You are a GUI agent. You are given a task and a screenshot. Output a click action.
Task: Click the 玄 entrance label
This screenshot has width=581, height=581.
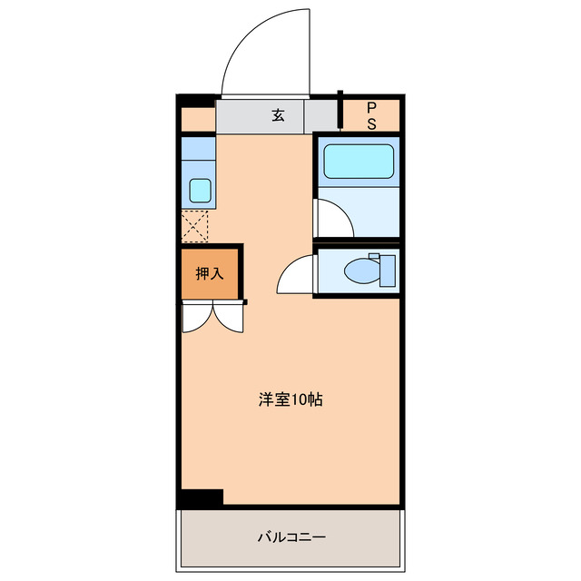tap(278, 115)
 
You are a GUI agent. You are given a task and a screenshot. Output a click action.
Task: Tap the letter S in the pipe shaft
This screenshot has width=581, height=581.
tap(371, 124)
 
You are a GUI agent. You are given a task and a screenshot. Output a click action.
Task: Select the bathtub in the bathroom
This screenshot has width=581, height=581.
tap(359, 161)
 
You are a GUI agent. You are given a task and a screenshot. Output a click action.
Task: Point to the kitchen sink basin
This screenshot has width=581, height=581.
tap(200, 191)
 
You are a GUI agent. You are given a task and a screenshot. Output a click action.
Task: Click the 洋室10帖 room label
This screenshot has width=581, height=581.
tap(290, 398)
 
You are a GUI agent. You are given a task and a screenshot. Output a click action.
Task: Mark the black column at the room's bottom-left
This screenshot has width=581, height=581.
tap(200, 497)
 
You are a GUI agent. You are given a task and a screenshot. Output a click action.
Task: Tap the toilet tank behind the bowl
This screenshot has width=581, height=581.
tap(388, 270)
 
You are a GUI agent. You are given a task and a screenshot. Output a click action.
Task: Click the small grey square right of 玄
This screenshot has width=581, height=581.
tap(321, 116)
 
